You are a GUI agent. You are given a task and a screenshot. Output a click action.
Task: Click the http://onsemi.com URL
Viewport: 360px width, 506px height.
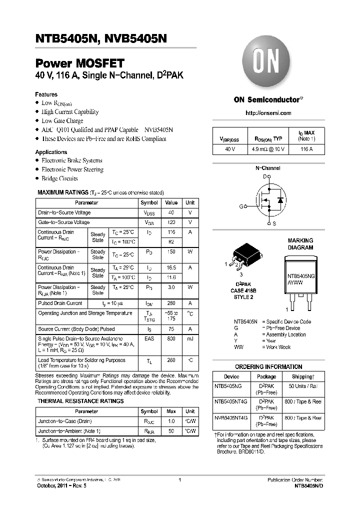click(268, 113)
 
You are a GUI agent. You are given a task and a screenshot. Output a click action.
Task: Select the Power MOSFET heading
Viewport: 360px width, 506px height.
click(79, 63)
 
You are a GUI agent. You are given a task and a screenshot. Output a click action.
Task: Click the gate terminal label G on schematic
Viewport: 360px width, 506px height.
click(240, 206)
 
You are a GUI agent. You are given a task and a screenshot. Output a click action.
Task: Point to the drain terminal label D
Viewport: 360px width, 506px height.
click(265, 176)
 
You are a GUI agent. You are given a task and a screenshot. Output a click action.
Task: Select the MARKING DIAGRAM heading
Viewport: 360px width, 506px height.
click(300, 244)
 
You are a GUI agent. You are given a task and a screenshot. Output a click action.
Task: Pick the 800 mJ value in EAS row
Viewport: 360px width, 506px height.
click(171, 339)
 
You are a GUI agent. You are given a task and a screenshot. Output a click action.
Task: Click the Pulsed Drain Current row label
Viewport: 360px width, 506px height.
click(60, 303)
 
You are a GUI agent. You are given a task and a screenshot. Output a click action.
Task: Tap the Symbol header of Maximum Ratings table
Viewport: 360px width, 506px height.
click(149, 202)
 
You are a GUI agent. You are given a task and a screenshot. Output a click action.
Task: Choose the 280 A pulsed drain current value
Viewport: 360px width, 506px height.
click(171, 303)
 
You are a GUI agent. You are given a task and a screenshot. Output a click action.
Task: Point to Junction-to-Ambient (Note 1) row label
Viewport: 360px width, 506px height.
click(69, 431)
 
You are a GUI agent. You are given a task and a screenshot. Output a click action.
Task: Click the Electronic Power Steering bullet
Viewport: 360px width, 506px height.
click(72, 169)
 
